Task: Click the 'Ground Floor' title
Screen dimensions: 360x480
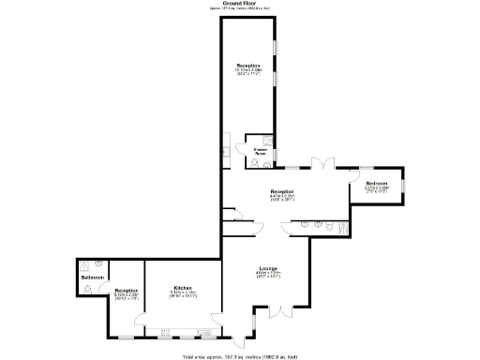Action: (240, 4)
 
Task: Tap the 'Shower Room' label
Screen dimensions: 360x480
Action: (261, 152)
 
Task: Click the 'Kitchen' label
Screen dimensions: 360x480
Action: (183, 288)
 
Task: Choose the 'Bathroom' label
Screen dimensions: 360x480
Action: (92, 277)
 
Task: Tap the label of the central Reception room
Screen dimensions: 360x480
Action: (283, 191)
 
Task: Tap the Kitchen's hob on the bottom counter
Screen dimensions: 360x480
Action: (169, 332)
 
